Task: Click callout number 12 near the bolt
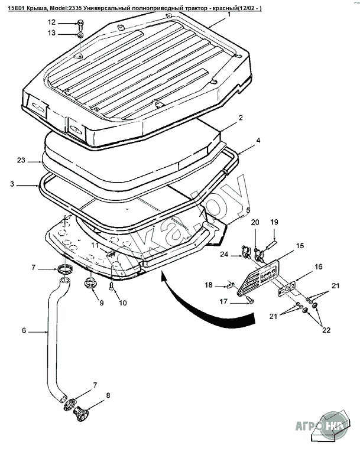click(x=51, y=22)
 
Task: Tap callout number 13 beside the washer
click(x=51, y=33)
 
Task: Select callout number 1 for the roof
click(x=228, y=13)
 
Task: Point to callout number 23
click(x=21, y=160)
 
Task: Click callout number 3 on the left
click(x=12, y=185)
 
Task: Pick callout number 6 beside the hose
click(x=24, y=331)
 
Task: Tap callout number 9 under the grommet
click(x=101, y=303)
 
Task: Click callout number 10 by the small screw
click(x=123, y=303)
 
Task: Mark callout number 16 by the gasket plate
click(x=318, y=268)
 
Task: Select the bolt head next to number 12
click(x=80, y=23)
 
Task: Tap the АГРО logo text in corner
click(x=309, y=424)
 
